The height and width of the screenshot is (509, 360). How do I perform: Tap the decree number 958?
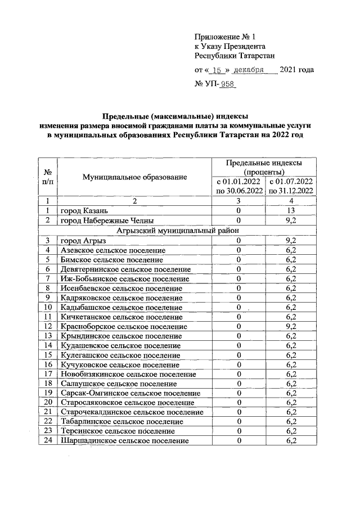(228, 84)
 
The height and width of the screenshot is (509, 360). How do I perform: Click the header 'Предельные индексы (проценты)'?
(263, 167)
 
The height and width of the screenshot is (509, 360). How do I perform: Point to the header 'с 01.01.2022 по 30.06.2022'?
(238, 186)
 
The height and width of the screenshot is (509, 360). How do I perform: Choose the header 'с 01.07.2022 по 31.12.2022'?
(291, 186)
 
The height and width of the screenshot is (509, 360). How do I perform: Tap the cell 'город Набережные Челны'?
(107, 220)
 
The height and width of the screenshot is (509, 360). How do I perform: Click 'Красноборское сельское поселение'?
(124, 326)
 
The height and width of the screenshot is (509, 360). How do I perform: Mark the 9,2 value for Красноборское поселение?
(291, 326)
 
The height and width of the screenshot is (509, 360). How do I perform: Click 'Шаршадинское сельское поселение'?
(120, 440)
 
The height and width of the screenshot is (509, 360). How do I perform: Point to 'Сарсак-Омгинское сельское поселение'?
(130, 393)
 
